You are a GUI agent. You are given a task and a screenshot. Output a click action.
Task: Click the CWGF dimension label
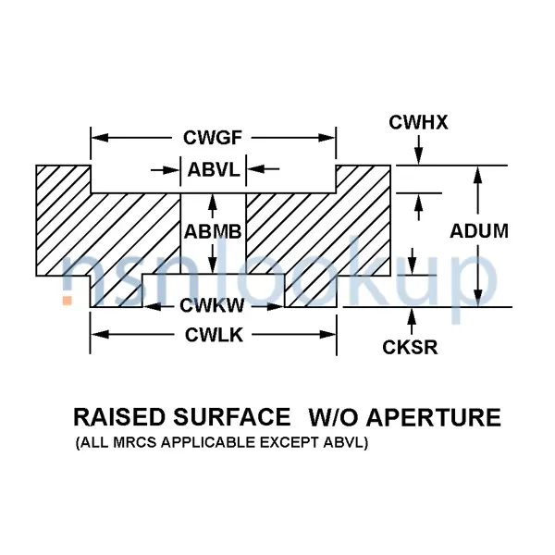tap(213, 139)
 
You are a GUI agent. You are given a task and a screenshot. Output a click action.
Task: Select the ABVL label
tap(214, 169)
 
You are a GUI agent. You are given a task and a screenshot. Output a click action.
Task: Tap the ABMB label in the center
tap(213, 231)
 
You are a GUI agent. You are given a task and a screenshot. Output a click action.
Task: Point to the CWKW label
tap(213, 306)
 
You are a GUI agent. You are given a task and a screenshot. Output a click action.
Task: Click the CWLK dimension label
tap(214, 335)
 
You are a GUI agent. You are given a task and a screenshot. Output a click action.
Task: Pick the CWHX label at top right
tap(418, 121)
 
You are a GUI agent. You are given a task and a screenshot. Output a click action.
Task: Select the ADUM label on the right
tap(479, 231)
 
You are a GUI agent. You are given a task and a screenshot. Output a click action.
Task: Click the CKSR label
tap(410, 348)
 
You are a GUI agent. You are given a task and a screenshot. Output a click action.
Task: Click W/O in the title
tap(332, 418)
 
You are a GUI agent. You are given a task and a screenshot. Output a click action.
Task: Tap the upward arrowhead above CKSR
tap(412, 316)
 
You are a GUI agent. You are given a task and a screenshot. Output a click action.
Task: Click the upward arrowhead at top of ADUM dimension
tap(478, 174)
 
